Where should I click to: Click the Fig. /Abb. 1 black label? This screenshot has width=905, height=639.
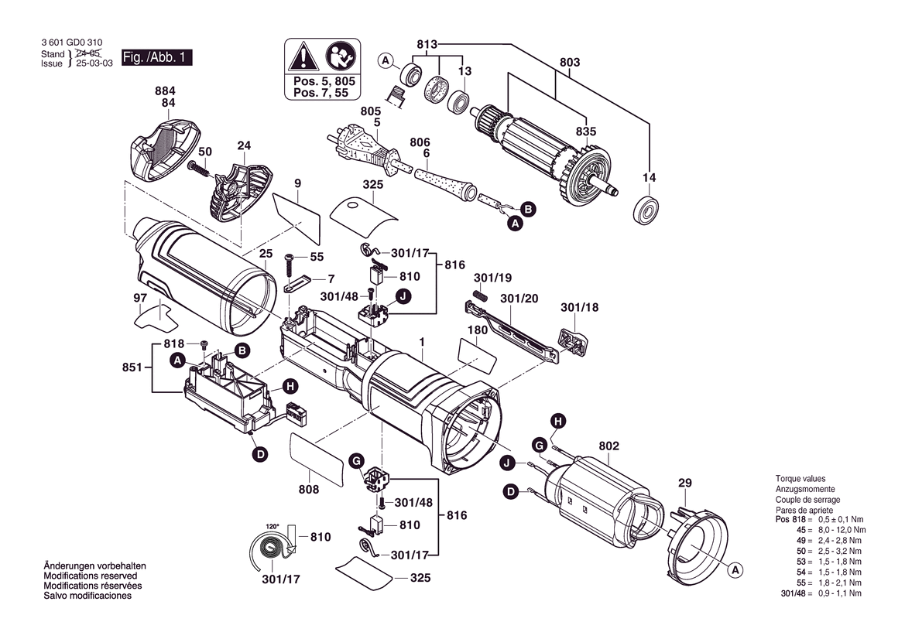pyautogui.click(x=156, y=58)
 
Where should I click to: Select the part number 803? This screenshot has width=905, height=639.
pyautogui.click(x=570, y=63)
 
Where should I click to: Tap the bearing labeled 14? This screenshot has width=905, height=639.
pyautogui.click(x=646, y=211)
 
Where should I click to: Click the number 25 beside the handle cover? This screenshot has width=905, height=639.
pyautogui.click(x=266, y=254)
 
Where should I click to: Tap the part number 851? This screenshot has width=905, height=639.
pyautogui.click(x=132, y=367)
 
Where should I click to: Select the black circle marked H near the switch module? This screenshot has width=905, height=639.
pyautogui.click(x=290, y=387)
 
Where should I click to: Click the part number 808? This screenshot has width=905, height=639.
pyautogui.click(x=309, y=490)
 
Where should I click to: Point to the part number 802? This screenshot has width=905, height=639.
pyautogui.click(x=609, y=446)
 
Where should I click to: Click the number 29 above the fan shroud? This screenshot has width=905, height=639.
pyautogui.click(x=684, y=483)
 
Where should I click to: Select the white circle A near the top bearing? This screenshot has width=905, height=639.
pyautogui.click(x=386, y=60)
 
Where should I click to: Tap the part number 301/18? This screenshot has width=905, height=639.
pyautogui.click(x=580, y=307)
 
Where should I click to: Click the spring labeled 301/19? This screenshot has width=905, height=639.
pyautogui.click(x=481, y=295)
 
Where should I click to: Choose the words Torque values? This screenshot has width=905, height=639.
pyautogui.click(x=800, y=479)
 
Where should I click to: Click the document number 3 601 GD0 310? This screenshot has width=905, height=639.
pyautogui.click(x=72, y=43)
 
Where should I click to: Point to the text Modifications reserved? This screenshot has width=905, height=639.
pyautogui.click(x=91, y=576)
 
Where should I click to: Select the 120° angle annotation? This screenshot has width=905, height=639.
pyautogui.click(x=272, y=527)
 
